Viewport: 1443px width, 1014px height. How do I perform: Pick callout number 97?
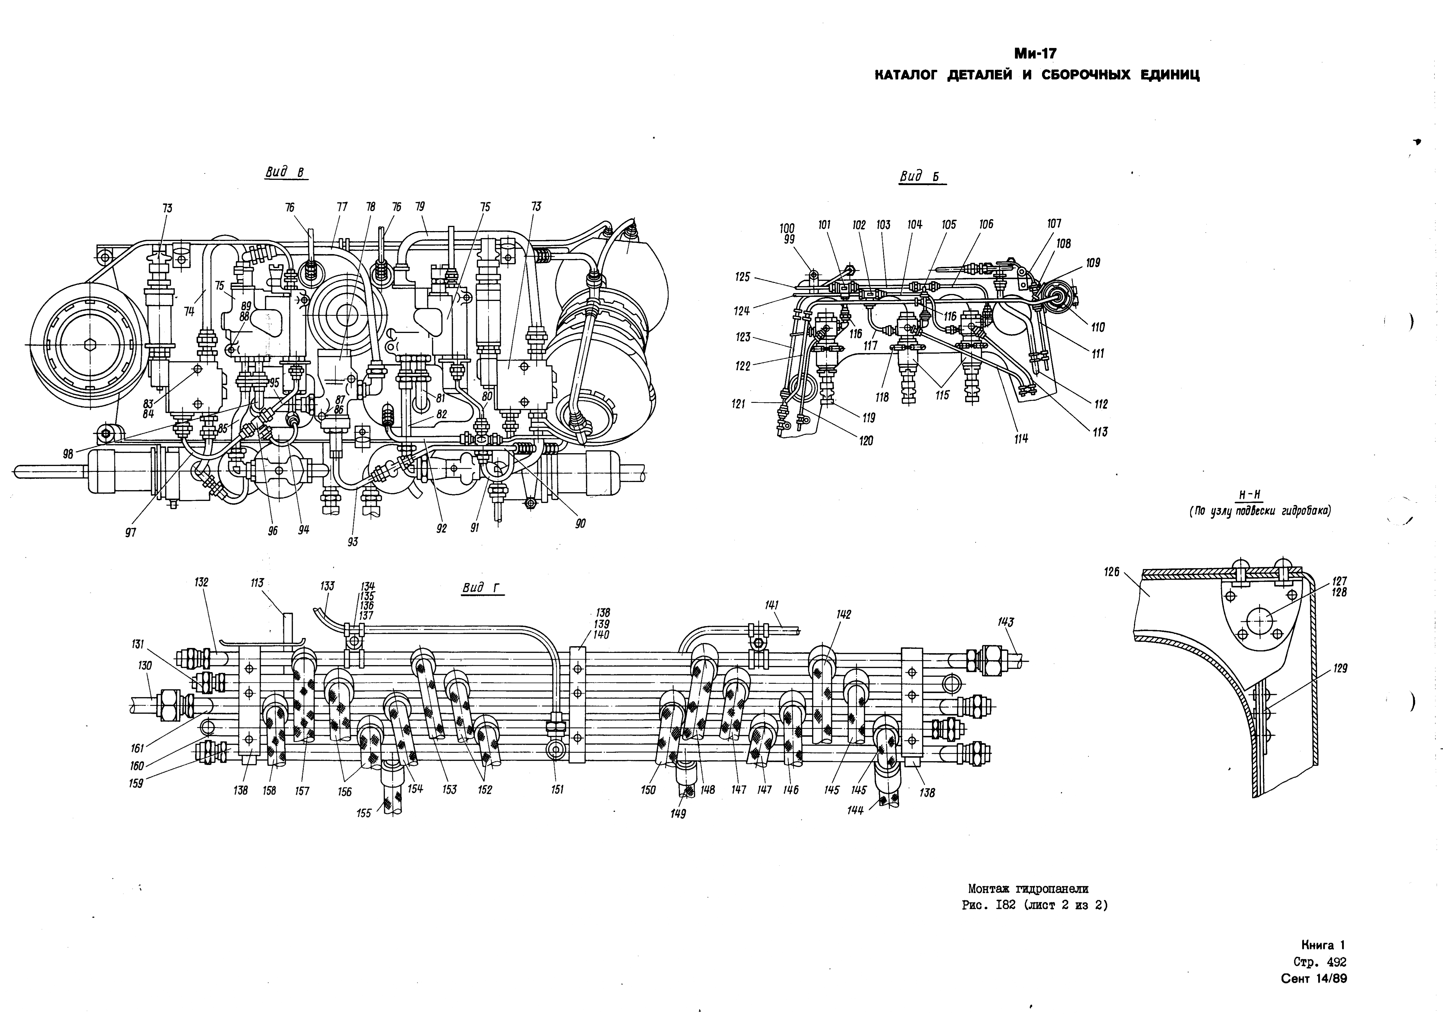[x=131, y=533]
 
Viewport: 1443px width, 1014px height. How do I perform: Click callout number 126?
[x=1112, y=572]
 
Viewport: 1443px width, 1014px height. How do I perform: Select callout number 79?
[x=420, y=206]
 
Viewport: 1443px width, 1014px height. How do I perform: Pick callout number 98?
[x=68, y=454]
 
